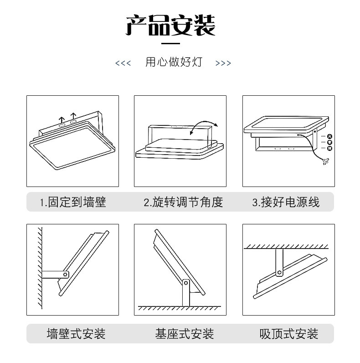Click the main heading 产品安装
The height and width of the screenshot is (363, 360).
point(170,26)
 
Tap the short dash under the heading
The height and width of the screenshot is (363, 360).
point(171,44)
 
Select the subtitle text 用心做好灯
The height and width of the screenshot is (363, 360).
point(174,62)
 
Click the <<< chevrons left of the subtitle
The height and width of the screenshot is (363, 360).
point(123,63)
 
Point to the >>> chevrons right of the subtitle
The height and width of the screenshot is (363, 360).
point(223,63)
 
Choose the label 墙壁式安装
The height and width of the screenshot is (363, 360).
point(76,334)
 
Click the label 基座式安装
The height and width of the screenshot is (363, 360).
point(184,334)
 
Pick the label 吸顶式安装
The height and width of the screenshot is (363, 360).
point(288,334)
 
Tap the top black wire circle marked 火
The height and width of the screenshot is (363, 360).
point(330,136)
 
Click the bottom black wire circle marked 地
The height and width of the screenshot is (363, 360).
point(330,148)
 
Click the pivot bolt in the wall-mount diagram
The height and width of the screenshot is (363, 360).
point(66,275)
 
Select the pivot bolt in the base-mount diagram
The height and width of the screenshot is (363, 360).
point(185,283)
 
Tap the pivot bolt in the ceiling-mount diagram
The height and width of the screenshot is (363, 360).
point(279,273)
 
